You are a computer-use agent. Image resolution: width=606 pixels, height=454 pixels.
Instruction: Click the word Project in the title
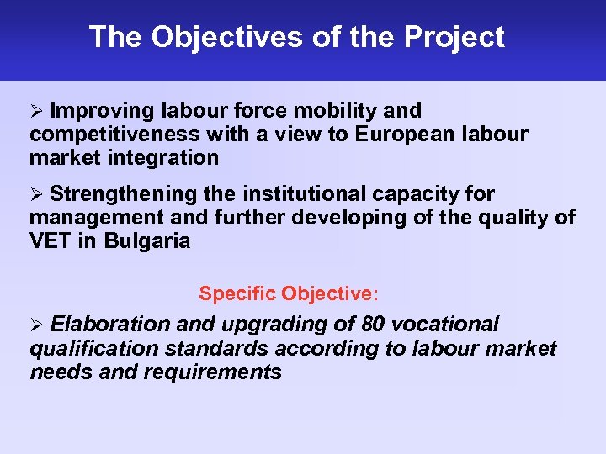(454, 38)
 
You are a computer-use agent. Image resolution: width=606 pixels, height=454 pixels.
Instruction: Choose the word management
(93, 218)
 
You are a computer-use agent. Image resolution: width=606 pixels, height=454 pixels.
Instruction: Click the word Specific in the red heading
(237, 294)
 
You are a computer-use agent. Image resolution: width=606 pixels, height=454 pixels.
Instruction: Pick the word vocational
(448, 325)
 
